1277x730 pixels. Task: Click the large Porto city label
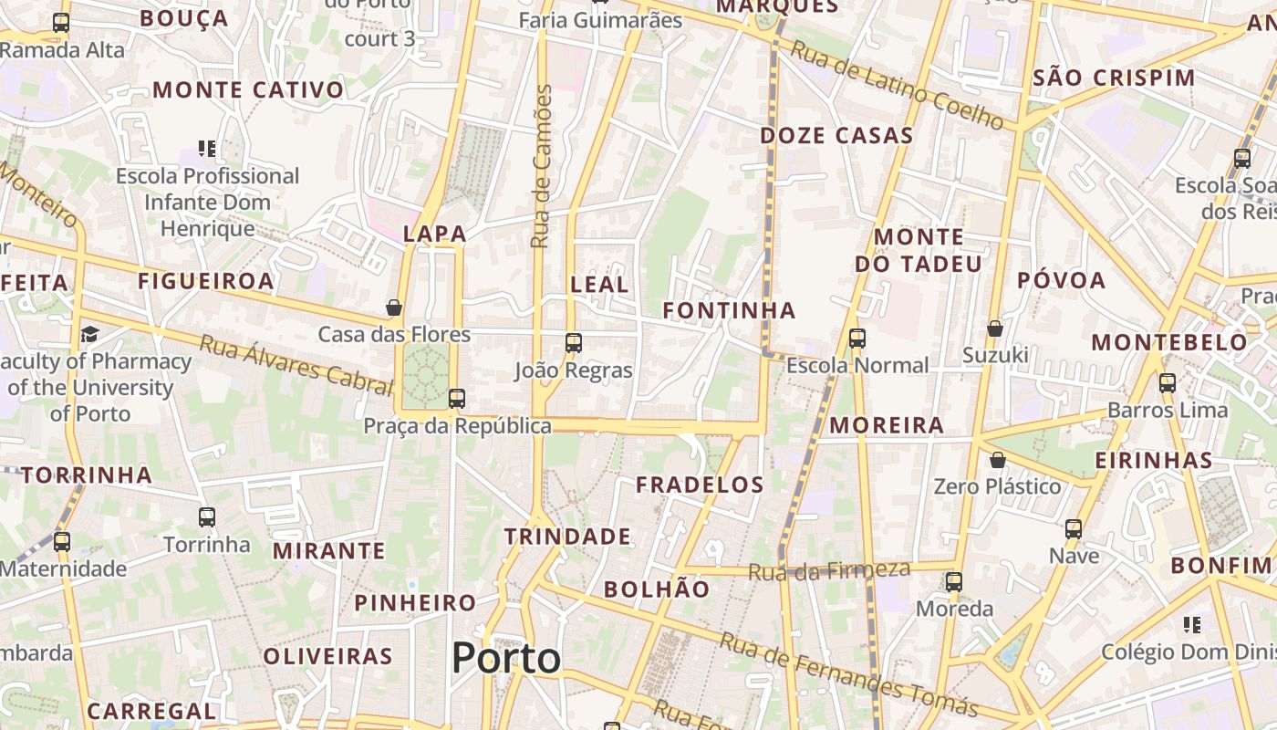coord(506,658)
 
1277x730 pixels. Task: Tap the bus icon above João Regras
coord(573,343)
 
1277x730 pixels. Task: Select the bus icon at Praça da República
coord(457,399)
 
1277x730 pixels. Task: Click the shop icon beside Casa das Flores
coord(394,308)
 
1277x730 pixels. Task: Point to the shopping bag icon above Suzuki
coord(995,328)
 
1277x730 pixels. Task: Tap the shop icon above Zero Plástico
coord(998,459)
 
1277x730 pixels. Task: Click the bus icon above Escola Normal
coord(857,339)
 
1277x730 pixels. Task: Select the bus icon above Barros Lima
coord(1167,383)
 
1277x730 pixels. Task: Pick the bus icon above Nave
coord(1074,528)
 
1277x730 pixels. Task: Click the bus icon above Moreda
coord(954,581)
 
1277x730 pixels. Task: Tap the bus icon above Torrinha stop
coord(207,517)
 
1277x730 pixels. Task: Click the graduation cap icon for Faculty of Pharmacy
coord(89,334)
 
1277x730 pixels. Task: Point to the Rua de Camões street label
coord(542,166)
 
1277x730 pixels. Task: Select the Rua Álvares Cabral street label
coord(295,363)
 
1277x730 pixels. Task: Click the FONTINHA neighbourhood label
coord(729,311)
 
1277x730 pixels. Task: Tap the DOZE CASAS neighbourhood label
coord(836,136)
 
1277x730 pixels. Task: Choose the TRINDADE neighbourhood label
coord(567,537)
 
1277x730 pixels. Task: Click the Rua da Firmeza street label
coord(829,571)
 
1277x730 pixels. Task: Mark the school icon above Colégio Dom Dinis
coord(1192,625)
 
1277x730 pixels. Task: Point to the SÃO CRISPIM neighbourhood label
coord(1114,78)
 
